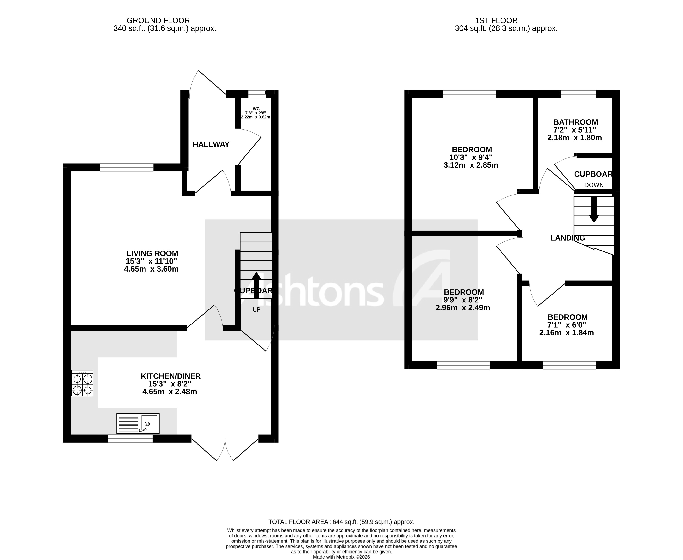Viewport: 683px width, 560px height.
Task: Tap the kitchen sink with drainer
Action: (138, 423)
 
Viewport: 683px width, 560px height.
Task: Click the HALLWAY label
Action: (211, 144)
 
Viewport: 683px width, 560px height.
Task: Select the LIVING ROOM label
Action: (152, 254)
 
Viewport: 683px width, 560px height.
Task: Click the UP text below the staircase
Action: (256, 310)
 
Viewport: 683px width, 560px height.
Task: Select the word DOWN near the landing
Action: (594, 185)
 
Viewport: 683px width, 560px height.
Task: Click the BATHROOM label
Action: (575, 122)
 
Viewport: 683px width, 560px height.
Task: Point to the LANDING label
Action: (568, 238)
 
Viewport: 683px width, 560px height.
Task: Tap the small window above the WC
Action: (257, 94)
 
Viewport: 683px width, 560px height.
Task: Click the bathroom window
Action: (578, 94)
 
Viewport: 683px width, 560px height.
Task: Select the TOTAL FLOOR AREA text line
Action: (341, 522)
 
